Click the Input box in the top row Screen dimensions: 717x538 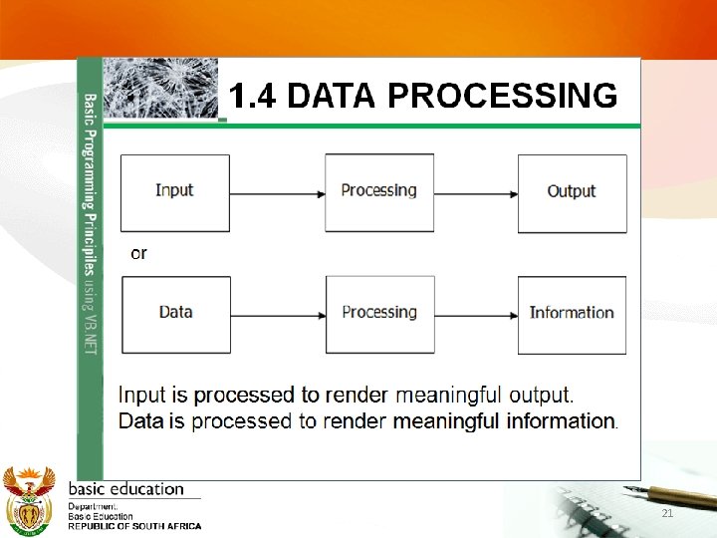[x=175, y=192]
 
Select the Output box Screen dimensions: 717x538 [x=572, y=192]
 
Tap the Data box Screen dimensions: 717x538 [x=175, y=314]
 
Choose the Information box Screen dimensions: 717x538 [x=572, y=314]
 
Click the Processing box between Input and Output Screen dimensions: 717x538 [x=379, y=192]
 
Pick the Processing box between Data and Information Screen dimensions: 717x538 [x=379, y=314]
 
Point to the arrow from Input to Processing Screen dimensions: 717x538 [x=278, y=193]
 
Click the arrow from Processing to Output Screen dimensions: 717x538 [x=476, y=193]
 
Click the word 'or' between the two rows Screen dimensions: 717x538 [x=138, y=253]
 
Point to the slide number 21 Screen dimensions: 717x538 [x=667, y=513]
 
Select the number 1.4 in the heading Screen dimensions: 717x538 [x=254, y=96]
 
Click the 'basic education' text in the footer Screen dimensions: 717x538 [x=125, y=489]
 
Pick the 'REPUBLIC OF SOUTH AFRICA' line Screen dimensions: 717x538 [x=133, y=526]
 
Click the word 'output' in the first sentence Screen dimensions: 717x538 [x=536, y=397]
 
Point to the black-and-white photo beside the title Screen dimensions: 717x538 [x=160, y=88]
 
